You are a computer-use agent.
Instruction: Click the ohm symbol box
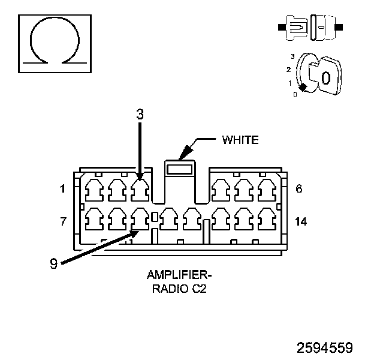[55, 44]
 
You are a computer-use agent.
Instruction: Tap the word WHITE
[240, 140]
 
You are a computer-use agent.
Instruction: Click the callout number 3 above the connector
[140, 115]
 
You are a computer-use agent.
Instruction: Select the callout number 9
[54, 263]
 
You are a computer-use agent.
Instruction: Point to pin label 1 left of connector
[62, 189]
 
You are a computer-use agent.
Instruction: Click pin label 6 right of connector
[299, 188]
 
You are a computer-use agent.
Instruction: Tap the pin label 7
[63, 221]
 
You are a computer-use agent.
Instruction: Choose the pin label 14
[301, 221]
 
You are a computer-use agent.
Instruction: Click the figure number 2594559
[325, 347]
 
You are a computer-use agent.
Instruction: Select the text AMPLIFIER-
[179, 275]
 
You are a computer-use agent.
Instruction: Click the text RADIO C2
[179, 289]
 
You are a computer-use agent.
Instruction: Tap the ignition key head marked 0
[330, 76]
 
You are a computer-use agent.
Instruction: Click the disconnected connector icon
[310, 27]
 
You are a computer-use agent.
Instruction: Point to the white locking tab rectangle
[180, 169]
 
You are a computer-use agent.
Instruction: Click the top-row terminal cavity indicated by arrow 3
[140, 190]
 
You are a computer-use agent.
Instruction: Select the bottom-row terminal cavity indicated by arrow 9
[140, 219]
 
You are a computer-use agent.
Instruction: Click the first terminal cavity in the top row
[94, 190]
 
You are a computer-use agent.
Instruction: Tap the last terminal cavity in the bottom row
[267, 219]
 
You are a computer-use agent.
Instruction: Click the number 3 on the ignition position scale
[292, 56]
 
